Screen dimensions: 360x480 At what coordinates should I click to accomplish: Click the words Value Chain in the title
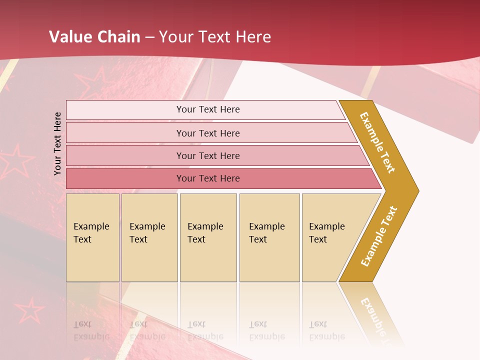(x=94, y=37)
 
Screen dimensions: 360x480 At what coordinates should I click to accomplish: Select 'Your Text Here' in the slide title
(x=214, y=37)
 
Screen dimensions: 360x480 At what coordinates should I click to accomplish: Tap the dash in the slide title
(x=149, y=37)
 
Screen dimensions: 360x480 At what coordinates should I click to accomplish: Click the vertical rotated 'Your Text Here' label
(x=57, y=143)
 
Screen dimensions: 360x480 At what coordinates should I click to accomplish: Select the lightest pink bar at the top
(x=208, y=109)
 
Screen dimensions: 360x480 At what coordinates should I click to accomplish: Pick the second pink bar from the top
(x=208, y=133)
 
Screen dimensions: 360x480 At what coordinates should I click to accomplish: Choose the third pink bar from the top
(x=208, y=155)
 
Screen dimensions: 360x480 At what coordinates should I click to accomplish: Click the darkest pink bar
(x=208, y=178)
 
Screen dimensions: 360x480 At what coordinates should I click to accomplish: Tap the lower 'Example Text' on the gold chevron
(x=379, y=236)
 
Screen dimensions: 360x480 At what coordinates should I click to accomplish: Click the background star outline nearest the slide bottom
(x=30, y=311)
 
